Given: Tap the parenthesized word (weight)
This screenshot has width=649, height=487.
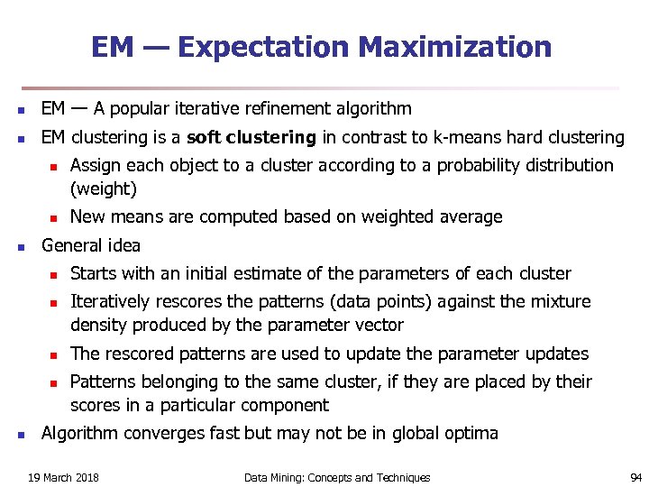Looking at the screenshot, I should pos(104,188).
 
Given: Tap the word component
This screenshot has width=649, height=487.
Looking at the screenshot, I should pos(286,405).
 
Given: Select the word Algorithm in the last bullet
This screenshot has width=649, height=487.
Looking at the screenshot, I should pos(79,433).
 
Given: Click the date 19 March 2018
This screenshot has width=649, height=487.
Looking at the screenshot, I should pos(63,477).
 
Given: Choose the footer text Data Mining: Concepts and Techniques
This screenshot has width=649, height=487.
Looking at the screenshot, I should pos(337,477).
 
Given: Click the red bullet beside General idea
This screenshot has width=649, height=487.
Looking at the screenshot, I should pos(22,246).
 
